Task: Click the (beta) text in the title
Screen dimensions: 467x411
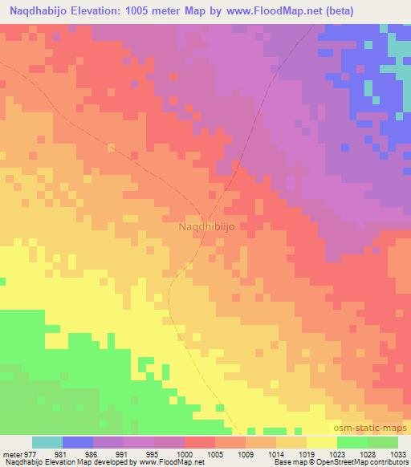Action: coord(340,10)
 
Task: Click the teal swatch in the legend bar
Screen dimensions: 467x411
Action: coord(47,442)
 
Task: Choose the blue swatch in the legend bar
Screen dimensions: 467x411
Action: coord(78,442)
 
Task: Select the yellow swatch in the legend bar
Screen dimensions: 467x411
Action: coord(321,442)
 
